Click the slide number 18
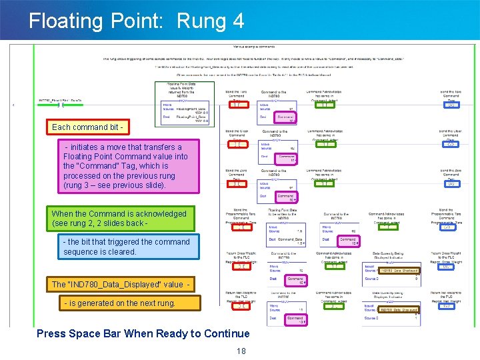pos(241,351)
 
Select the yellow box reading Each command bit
pos(87,127)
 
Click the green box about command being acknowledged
pos(119,218)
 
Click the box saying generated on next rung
pos(120,303)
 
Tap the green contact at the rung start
pos(61,105)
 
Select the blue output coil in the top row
pos(451,105)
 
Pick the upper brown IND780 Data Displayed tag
pos(399,271)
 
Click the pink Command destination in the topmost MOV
pos(287,118)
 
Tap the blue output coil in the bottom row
pos(451,306)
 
